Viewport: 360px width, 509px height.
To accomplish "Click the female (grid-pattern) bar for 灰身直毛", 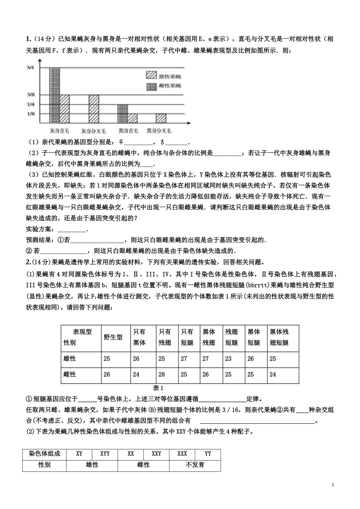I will pyautogui.click(x=55, y=95).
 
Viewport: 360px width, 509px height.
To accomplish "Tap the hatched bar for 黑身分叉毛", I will pyautogui.click(x=161, y=118).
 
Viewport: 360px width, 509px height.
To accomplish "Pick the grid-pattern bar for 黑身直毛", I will pyautogui.click(x=123, y=114).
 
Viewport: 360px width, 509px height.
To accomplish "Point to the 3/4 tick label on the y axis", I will pyautogui.click(x=30, y=67).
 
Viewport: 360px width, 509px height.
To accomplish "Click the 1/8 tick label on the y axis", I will pyautogui.click(x=30, y=114).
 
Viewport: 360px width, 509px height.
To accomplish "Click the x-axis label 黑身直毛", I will pyautogui.click(x=128, y=131).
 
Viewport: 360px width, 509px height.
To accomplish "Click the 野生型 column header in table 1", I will pyautogui.click(x=113, y=337).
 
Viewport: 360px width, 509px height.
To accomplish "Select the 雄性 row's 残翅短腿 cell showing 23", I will pyautogui.click(x=228, y=359).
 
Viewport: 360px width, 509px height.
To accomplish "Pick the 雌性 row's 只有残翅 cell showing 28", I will pyautogui.click(x=162, y=375).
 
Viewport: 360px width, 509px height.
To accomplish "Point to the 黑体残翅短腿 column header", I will pyautogui.click(x=279, y=337).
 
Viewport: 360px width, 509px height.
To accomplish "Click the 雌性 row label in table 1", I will pyautogui.click(x=70, y=375).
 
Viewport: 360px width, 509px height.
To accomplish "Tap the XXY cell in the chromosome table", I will pyautogui.click(x=156, y=454).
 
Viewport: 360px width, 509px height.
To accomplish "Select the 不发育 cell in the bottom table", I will pyautogui.click(x=195, y=465).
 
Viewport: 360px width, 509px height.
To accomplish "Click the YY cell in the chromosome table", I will pyautogui.click(x=208, y=454).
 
